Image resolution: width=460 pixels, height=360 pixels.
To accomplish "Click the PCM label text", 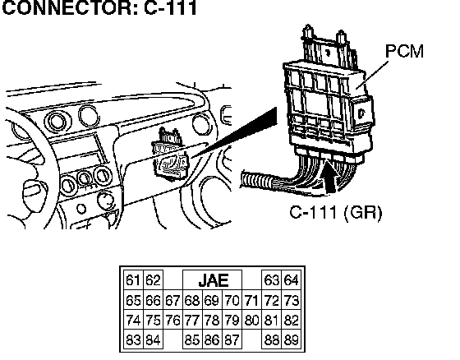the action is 404,51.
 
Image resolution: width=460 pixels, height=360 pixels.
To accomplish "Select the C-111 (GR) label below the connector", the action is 336,212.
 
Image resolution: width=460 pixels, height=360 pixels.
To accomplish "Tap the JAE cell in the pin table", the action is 213,280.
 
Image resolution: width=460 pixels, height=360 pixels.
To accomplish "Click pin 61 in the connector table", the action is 133,280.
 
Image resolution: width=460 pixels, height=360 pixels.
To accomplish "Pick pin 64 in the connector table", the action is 291,280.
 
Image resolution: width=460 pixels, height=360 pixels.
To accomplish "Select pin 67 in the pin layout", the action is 172,300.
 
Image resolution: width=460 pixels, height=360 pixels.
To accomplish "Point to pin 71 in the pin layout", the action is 251,300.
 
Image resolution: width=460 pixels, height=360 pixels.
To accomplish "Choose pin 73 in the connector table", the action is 291,300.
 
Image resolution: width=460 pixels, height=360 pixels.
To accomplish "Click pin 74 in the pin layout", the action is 133,320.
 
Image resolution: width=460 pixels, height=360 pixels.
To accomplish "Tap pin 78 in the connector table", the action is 212,320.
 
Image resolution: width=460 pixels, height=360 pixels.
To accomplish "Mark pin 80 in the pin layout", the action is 251,320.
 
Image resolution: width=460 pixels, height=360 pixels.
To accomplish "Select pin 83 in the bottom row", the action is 133,339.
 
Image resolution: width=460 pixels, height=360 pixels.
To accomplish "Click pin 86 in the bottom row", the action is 212,339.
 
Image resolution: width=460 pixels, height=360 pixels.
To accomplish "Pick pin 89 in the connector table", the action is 291,339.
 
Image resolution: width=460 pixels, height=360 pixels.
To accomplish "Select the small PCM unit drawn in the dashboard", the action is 170,155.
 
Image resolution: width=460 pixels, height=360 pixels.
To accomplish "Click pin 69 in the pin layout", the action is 212,300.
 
